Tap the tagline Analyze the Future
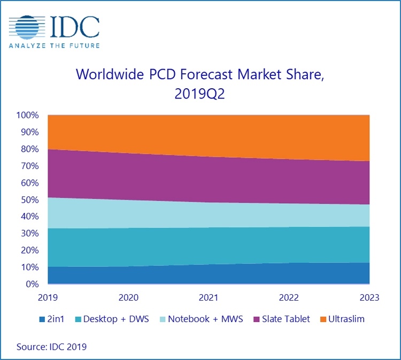pyautogui.click(x=54, y=45)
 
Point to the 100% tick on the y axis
pyautogui.click(x=28, y=116)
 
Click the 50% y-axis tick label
pyautogui.click(x=30, y=200)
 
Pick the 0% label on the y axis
pyautogui.click(x=33, y=284)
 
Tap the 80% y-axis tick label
pyautogui.click(x=30, y=149)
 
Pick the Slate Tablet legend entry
pyautogui.click(x=282, y=319)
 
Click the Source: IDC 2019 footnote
pyautogui.click(x=52, y=347)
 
